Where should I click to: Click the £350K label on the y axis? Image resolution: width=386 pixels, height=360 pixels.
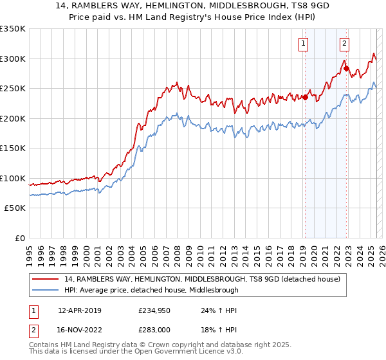point(13,29)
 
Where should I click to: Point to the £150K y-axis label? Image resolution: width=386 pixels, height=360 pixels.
point(13,148)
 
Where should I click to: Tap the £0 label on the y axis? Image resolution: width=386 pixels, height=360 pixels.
point(20,238)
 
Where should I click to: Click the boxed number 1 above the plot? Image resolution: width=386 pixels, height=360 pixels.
point(303,44)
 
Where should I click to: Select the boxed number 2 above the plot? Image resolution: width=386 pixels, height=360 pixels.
point(345,44)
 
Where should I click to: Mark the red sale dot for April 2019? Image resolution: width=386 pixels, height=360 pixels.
point(305,98)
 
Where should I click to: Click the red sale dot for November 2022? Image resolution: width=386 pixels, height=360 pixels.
point(346,69)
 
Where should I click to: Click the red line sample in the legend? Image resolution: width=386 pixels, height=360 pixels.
point(46,279)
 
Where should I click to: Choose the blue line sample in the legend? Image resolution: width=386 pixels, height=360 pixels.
point(46,290)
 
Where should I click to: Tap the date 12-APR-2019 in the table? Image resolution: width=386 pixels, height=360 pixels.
point(79,310)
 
